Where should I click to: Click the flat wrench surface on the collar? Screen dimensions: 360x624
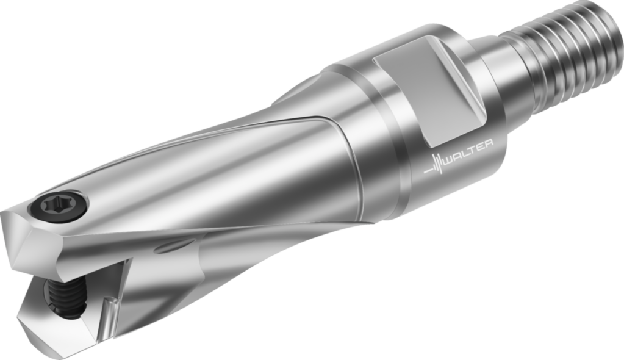pos(427,92)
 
